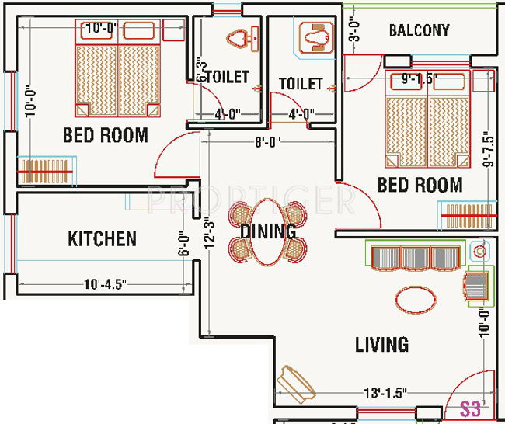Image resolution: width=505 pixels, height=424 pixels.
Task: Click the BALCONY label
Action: click(x=419, y=31)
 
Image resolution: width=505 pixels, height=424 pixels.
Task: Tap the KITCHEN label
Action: click(x=102, y=238)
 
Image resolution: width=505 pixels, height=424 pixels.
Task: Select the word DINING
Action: click(x=268, y=231)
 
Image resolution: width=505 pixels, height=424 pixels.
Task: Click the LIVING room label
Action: click(x=381, y=344)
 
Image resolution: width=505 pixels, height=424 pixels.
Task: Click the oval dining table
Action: click(x=267, y=231)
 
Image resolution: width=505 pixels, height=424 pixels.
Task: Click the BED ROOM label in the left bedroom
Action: click(x=105, y=135)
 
